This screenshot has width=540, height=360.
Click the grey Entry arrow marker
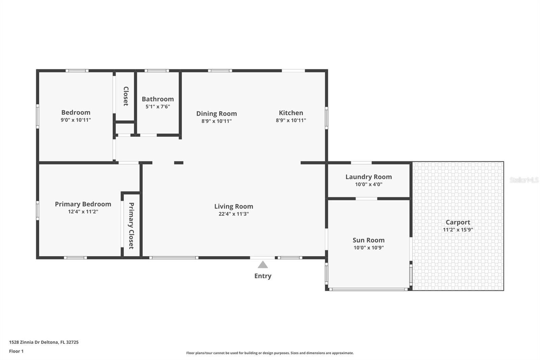click(x=263, y=265)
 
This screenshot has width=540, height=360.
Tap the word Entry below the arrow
click(x=263, y=276)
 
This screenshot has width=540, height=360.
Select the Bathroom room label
click(x=158, y=99)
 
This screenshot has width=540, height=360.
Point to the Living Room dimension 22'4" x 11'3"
click(x=234, y=214)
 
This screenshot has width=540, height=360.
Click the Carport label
click(x=458, y=223)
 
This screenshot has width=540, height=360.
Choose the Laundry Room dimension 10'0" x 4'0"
click(x=369, y=184)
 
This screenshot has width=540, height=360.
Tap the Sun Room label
click(x=369, y=240)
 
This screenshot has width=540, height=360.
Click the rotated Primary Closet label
click(x=131, y=226)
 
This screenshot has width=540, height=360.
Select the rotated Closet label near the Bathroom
click(x=126, y=96)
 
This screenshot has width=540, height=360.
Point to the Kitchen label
click(x=291, y=113)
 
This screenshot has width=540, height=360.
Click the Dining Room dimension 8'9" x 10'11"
click(x=216, y=121)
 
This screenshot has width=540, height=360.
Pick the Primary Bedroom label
click(x=83, y=204)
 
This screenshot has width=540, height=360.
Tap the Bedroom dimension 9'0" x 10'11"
click(x=76, y=120)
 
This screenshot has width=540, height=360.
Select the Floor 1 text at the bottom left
click(x=16, y=351)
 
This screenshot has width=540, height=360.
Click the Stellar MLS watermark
click(x=524, y=180)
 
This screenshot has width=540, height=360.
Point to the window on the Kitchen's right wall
click(x=326, y=118)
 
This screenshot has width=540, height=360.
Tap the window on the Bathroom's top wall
click(x=157, y=71)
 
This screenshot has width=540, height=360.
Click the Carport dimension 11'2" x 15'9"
click(x=458, y=230)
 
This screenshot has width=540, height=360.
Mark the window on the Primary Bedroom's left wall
click(x=37, y=211)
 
